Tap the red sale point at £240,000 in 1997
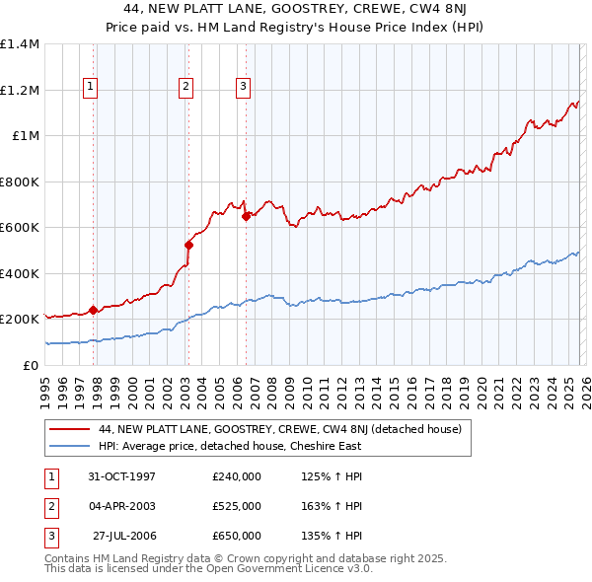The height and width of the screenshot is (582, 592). coord(94,310)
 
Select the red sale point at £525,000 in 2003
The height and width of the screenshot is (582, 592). coord(188,245)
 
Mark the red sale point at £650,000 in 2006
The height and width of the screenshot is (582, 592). coord(246,216)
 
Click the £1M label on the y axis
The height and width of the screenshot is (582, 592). coord(25,136)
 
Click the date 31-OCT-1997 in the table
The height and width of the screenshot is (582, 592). coord(121,476)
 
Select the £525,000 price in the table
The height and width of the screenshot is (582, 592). coord(236,506)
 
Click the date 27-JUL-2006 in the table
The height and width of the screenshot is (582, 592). coord(124,536)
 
